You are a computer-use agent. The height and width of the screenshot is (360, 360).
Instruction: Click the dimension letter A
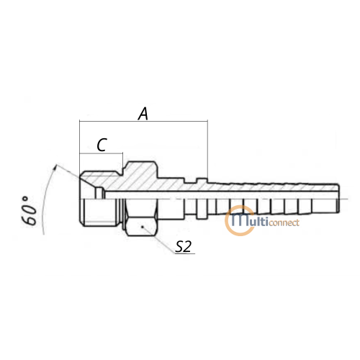click(143, 114)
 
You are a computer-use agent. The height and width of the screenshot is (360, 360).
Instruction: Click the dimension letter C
click(102, 145)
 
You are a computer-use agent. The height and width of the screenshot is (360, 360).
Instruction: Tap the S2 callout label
click(183, 246)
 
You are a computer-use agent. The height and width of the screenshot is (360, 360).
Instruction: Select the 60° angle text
click(30, 211)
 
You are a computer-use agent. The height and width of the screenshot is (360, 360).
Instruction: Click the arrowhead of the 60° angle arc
click(55, 166)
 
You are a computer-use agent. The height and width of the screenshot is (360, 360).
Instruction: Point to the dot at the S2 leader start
click(142, 227)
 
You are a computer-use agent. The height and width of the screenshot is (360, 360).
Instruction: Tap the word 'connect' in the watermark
click(284, 223)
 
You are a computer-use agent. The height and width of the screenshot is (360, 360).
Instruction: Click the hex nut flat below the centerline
click(141, 226)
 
